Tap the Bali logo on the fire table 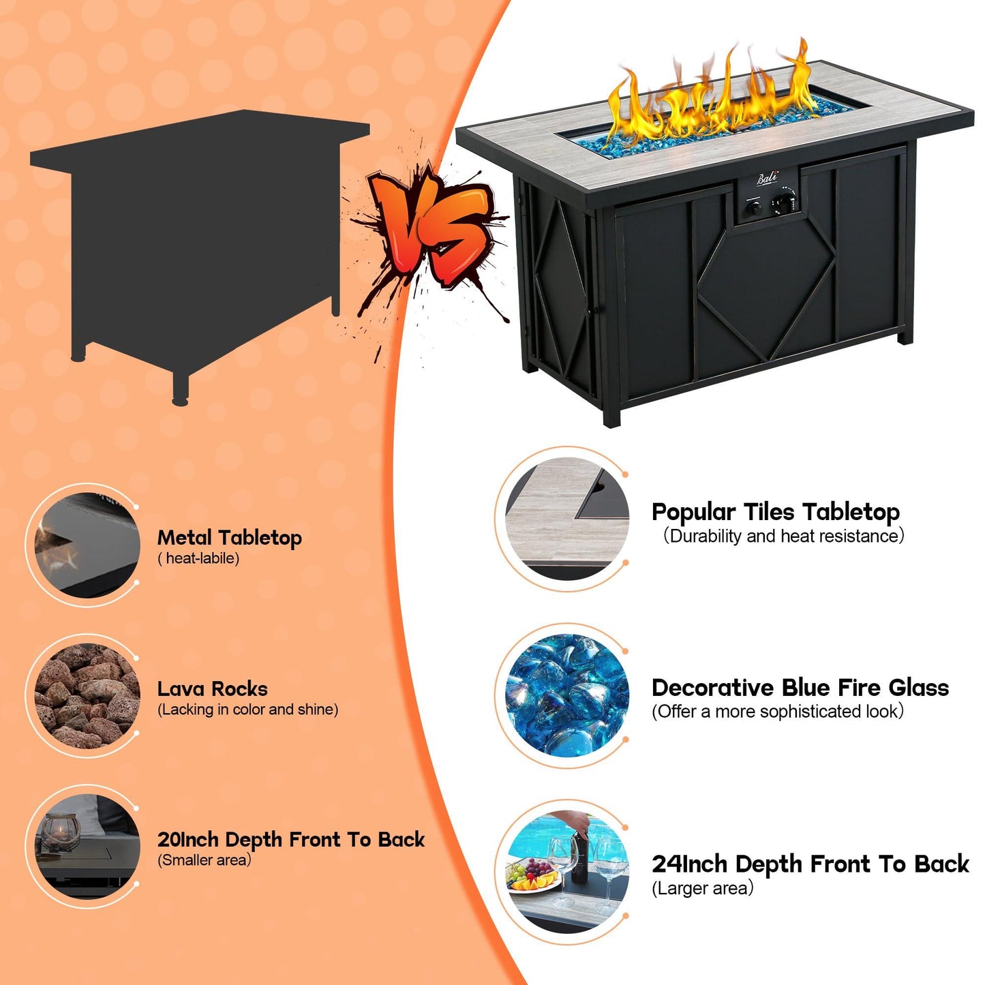point(768,179)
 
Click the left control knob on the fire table point(754,208)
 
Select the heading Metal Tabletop point(229,537)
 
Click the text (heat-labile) point(198,558)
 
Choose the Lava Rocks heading point(212,688)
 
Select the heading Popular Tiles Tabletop point(776,512)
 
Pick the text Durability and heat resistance point(784,536)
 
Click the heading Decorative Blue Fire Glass point(800,688)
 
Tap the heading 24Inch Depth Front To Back point(810,864)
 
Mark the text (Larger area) point(702,888)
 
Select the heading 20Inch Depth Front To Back point(291,839)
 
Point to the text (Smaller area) point(204,860)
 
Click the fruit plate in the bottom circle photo point(532,876)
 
